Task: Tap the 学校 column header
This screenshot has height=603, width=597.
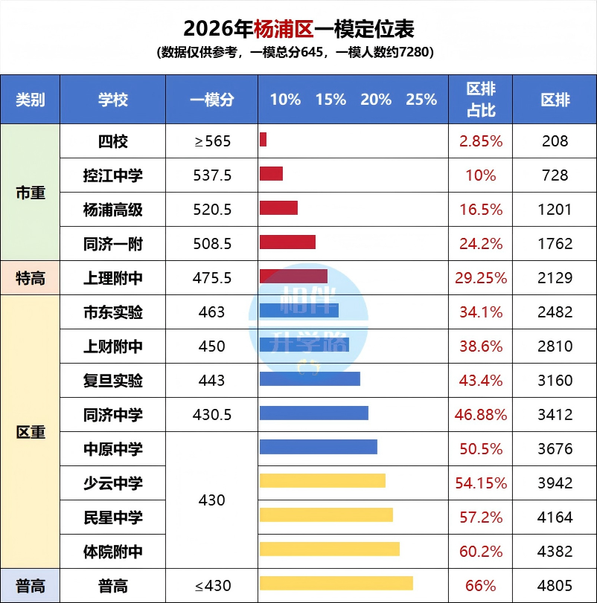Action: point(113,100)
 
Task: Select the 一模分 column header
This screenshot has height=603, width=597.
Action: point(211,100)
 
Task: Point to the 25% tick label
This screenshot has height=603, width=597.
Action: point(421,100)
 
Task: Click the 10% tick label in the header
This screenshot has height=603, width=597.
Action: point(285,100)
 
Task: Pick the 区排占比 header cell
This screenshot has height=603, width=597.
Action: point(481,100)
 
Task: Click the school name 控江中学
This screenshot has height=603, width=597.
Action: point(113,175)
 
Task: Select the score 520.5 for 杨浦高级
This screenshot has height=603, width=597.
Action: point(212,210)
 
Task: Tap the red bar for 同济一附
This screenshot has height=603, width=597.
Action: point(287,242)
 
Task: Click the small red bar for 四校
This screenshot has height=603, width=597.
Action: point(263,140)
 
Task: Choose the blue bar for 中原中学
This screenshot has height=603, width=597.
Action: point(318,447)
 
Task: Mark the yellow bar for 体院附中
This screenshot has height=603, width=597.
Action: point(329,549)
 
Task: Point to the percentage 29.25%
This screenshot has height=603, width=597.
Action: point(481,278)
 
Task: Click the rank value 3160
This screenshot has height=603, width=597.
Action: point(555,381)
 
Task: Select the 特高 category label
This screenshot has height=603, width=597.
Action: point(31,278)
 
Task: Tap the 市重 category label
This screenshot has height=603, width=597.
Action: point(31,193)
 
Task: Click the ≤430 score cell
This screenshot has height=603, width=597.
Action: point(212,586)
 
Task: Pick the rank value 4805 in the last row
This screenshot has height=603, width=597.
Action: point(555,586)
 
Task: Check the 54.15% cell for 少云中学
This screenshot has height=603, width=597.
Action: point(481,483)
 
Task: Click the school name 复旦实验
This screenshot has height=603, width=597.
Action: point(113,381)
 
